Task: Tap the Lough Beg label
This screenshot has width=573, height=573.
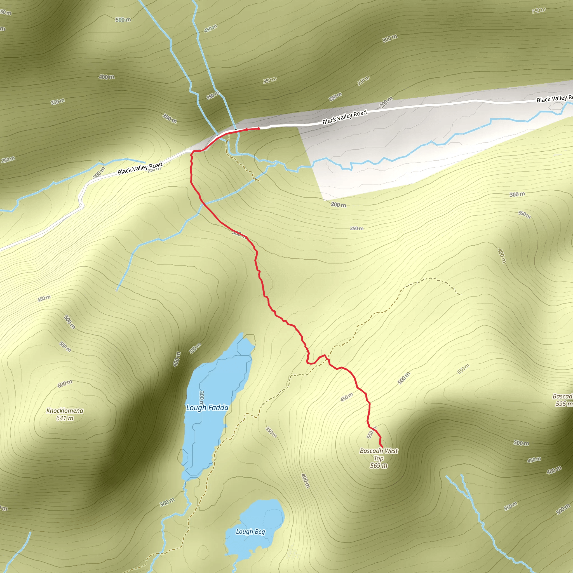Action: click(x=250, y=532)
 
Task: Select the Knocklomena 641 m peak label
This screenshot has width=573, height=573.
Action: click(x=65, y=414)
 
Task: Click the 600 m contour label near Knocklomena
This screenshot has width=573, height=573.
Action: click(x=65, y=384)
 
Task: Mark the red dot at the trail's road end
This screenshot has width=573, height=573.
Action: click(x=259, y=129)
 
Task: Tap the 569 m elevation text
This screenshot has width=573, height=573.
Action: click(x=379, y=466)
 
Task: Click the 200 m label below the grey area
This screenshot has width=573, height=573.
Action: click(x=339, y=205)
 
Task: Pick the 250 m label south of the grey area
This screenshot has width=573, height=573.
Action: click(x=356, y=228)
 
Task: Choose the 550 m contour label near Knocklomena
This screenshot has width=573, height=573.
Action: click(x=65, y=347)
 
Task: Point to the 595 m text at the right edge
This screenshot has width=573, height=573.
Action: click(x=563, y=404)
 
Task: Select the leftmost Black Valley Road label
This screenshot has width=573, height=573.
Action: click(x=140, y=168)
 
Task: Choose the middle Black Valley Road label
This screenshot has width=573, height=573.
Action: click(x=345, y=117)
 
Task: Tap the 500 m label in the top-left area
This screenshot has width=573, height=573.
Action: click(x=123, y=20)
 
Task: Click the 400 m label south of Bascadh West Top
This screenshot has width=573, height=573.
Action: click(x=306, y=481)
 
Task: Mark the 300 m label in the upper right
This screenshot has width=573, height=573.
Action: click(x=389, y=39)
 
